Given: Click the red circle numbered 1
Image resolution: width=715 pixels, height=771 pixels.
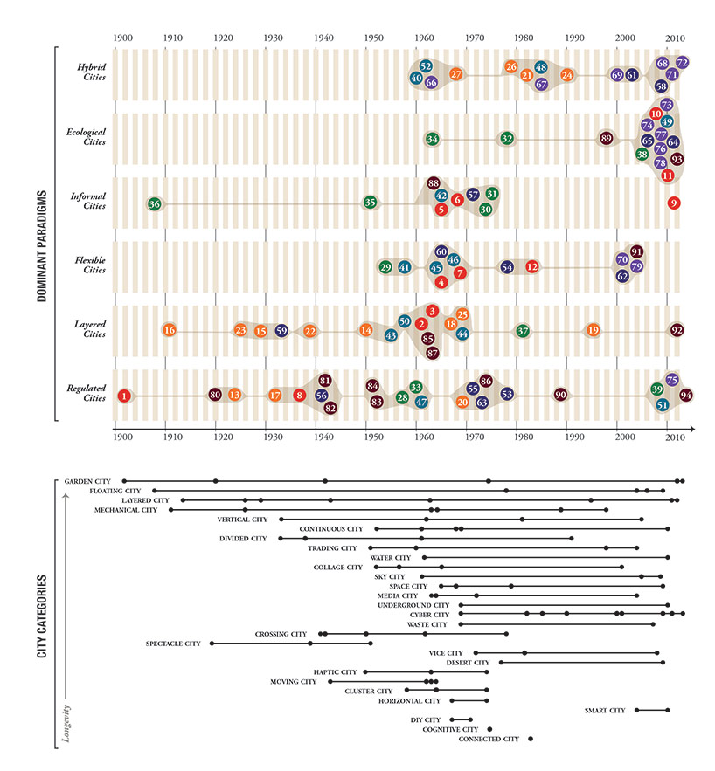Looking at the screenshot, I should coord(124,396).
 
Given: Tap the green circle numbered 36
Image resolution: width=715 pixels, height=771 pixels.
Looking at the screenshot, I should coord(155,203).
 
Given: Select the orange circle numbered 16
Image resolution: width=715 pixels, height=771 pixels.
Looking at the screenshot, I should coord(170,330).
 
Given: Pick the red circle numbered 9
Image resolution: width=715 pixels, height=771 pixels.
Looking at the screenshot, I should coord(673,203).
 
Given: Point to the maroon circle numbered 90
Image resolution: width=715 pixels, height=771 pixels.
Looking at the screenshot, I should coord(560,395).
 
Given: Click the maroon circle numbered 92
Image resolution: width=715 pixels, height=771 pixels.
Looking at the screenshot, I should coord(677,330).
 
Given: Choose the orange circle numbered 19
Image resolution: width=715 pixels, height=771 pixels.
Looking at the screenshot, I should coord(594,330).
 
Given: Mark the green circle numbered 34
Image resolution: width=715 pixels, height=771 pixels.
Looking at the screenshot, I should coord(432,139).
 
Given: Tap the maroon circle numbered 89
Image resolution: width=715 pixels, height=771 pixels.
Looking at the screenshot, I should coord(607,138).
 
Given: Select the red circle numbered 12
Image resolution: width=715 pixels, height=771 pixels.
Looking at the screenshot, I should coord(531,266).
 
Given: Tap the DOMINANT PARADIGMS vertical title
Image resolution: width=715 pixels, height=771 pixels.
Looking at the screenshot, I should coord(41,233).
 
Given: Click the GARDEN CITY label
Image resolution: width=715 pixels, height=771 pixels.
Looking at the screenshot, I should coord(86,481).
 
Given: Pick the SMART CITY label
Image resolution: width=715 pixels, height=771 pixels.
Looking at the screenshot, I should coord(605,711).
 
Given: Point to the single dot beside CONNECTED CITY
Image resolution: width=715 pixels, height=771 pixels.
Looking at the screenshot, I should coord(531,739).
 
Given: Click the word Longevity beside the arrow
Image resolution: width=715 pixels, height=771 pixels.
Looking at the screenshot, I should coord(66,723).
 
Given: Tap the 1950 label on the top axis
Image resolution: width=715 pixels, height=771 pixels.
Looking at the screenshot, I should coord(373,38).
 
